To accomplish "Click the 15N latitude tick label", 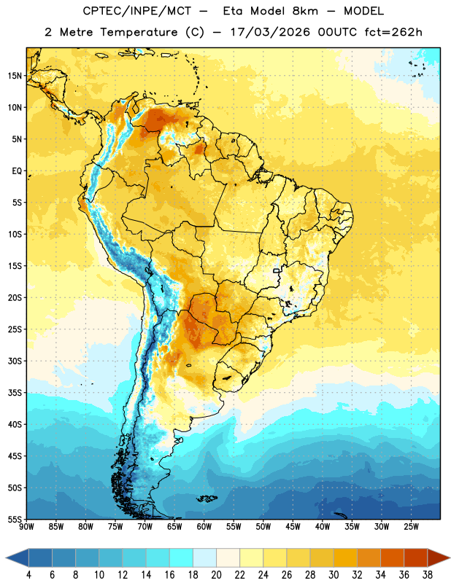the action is [x=15, y=76].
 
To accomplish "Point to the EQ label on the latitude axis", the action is [x=17, y=171].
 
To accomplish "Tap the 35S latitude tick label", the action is [x=15, y=393].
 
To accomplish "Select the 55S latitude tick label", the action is [x=15, y=519].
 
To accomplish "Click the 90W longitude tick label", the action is [x=26, y=527].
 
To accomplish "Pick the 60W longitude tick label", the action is [x=204, y=527].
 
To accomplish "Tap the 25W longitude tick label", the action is [x=411, y=527].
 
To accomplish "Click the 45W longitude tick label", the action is [x=293, y=527].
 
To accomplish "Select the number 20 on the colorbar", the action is [x=216, y=575].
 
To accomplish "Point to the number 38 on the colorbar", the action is [x=428, y=575].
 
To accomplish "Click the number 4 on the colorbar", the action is [x=28, y=575].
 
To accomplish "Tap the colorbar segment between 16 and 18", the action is [x=182, y=557].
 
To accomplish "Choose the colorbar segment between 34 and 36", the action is [x=392, y=557].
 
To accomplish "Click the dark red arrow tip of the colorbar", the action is [x=449, y=557].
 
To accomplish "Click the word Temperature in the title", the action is [x=139, y=32].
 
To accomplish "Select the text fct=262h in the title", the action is [x=393, y=32].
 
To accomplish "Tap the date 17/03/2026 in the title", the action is [x=270, y=32].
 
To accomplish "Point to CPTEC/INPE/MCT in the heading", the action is [x=137, y=11].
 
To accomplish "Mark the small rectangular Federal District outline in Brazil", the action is [x=277, y=270].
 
